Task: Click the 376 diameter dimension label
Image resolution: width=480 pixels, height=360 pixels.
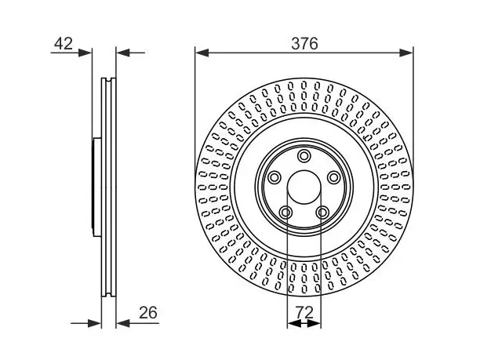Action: [x=304, y=43]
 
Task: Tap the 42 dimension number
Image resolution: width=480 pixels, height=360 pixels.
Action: [x=64, y=43]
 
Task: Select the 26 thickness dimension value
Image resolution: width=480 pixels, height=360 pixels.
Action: [x=148, y=313]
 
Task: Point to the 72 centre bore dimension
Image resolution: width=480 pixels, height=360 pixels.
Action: [x=305, y=313]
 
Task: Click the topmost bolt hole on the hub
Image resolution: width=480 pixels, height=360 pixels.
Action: [x=304, y=156]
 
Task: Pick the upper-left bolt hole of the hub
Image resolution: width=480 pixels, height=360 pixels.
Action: [x=274, y=177]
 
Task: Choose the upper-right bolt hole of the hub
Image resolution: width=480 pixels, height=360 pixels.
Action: [x=333, y=177]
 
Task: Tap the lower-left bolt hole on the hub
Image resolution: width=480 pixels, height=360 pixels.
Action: [x=285, y=212]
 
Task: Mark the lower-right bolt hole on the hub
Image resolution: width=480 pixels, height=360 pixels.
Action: [x=322, y=212]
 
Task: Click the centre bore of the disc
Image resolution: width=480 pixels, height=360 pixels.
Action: [x=304, y=187]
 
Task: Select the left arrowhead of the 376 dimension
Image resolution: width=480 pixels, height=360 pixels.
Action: [x=202, y=53]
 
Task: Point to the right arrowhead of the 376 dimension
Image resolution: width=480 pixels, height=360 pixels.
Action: [x=406, y=53]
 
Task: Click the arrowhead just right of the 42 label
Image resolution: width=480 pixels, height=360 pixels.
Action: [x=85, y=53]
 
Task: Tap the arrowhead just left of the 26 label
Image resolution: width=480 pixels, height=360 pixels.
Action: [x=123, y=323]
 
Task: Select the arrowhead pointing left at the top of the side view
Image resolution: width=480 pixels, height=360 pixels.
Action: [x=123, y=53]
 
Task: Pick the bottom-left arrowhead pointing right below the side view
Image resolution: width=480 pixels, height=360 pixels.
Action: [x=95, y=323]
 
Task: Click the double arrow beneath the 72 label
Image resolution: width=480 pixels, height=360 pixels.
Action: [x=304, y=323]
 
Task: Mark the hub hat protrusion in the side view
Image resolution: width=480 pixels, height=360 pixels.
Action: [x=96, y=187]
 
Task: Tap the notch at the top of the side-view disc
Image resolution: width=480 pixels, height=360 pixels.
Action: [x=109, y=79]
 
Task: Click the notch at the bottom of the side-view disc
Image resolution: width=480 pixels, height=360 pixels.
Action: [x=109, y=295]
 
